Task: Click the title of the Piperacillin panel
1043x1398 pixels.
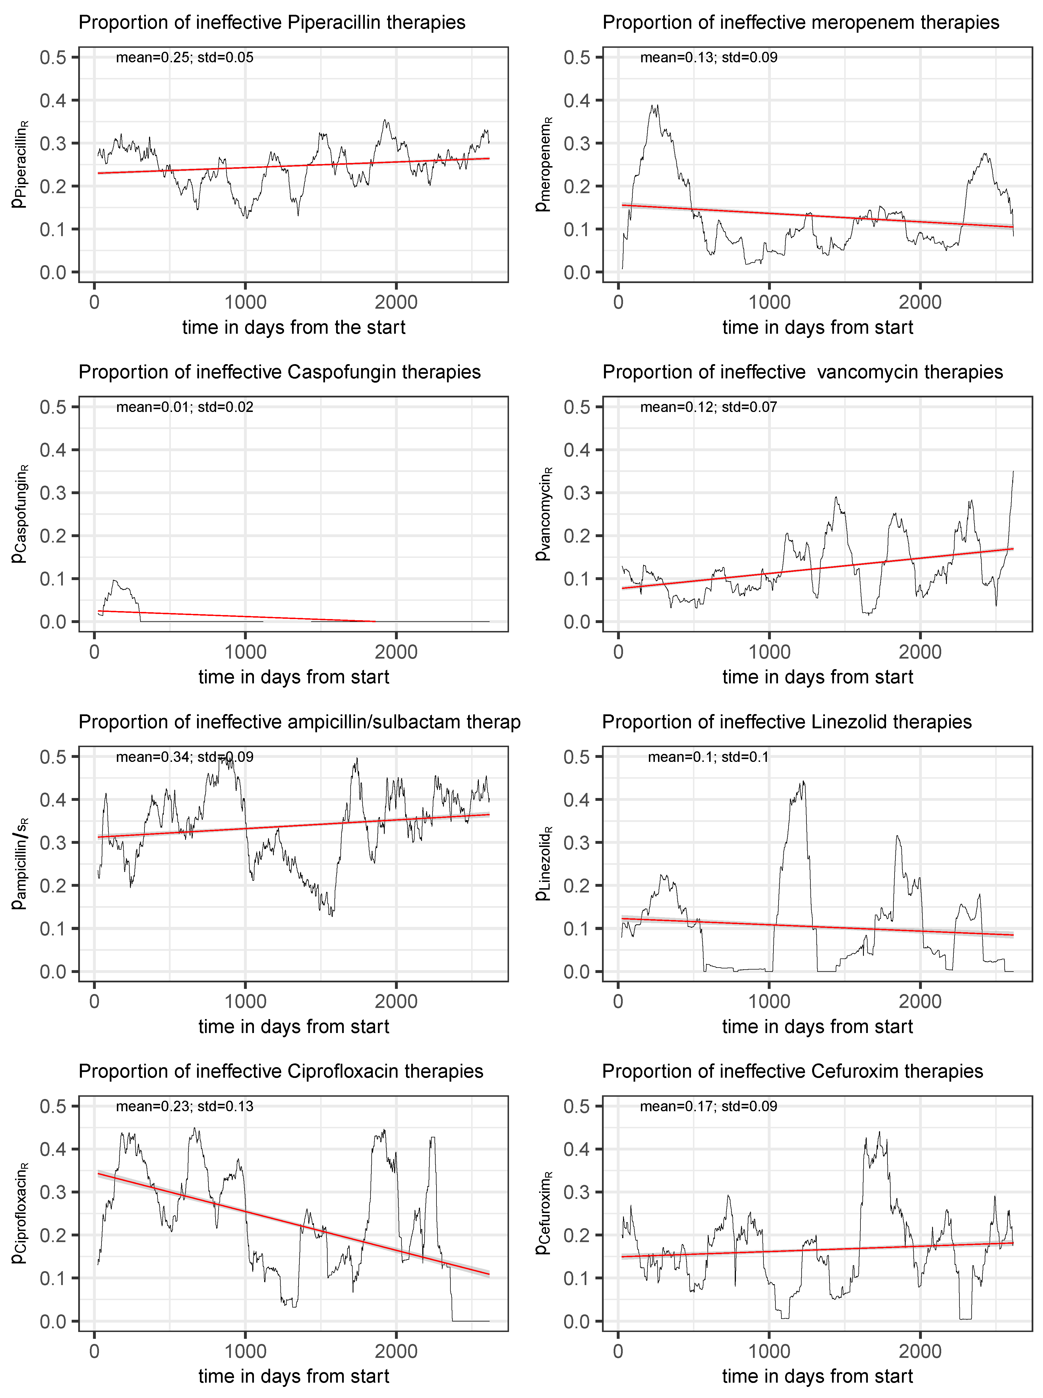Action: coord(272,23)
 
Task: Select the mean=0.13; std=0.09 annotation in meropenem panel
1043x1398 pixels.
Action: coord(708,57)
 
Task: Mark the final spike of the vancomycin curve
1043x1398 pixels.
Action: coord(1013,473)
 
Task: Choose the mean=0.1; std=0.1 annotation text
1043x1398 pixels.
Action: coord(708,757)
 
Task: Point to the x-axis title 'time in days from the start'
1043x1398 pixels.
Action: coord(293,327)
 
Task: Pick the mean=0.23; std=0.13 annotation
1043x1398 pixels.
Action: coord(184,1106)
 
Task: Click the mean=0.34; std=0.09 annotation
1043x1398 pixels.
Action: coord(184,757)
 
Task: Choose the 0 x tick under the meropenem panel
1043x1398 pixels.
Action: coord(618,303)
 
